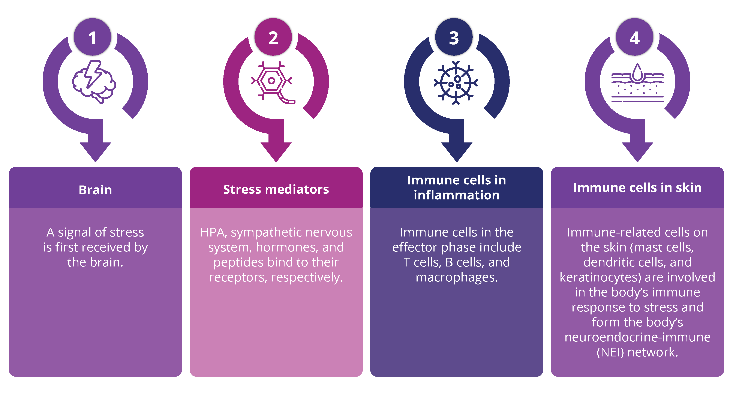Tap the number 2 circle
point(273,37)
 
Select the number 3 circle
point(454,37)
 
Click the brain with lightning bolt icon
point(94,82)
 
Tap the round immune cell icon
point(455,82)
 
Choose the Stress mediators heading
point(276,189)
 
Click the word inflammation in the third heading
point(456,195)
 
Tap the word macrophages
point(456,277)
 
